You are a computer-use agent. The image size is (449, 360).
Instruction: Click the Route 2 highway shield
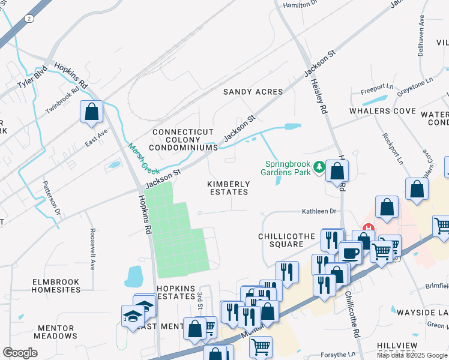(29, 19)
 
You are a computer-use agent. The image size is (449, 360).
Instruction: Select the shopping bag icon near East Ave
(91, 112)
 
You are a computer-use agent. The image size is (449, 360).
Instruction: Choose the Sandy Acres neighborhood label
(253, 92)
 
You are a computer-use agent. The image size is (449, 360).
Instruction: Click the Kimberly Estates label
(228, 188)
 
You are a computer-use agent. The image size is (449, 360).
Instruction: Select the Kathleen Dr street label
(318, 211)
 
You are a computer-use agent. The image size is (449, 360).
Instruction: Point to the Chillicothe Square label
(286, 240)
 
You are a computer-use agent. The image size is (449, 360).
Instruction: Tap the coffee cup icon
(351, 252)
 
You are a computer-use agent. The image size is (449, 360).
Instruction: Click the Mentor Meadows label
(56, 332)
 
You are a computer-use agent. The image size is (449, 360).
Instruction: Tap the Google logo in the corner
(20, 353)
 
